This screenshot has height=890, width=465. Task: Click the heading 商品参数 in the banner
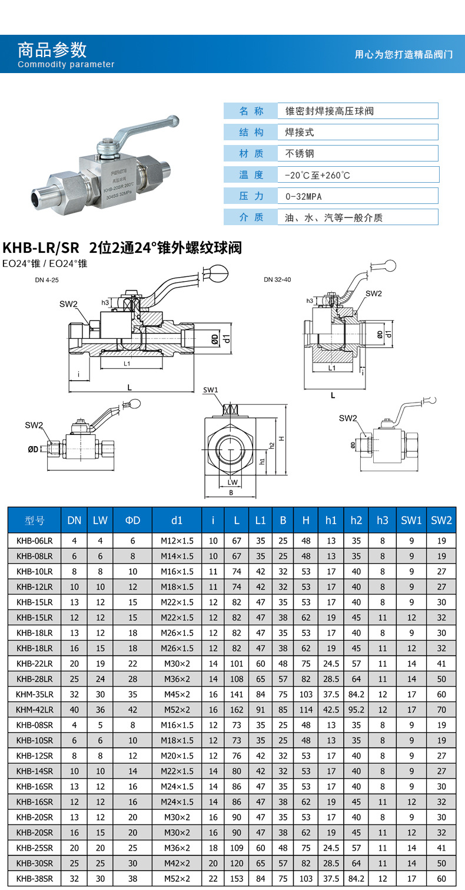coord(52,49)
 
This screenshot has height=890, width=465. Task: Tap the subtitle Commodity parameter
coord(66,64)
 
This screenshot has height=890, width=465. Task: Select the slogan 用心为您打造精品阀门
coord(403,54)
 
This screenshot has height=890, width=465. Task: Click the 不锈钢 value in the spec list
coord(300,153)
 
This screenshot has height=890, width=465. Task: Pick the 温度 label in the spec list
coord(251,174)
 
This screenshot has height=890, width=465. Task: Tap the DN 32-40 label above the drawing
coord(277,279)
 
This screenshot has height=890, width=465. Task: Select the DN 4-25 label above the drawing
coord(48,280)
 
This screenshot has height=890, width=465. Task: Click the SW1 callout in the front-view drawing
coord(210,390)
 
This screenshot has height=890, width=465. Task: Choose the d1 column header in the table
coord(177,520)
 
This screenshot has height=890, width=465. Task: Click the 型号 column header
coord(35,520)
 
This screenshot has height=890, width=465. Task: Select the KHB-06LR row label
coord(35,541)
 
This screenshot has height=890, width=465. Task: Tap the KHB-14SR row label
coord(35,771)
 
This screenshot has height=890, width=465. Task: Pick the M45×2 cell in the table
coord(177,694)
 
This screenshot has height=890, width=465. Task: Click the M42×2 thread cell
coord(177,863)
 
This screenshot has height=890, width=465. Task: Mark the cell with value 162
coord(237,710)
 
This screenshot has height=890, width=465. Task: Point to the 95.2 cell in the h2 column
coord(356,710)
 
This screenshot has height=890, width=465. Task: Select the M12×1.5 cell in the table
coord(177,541)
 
